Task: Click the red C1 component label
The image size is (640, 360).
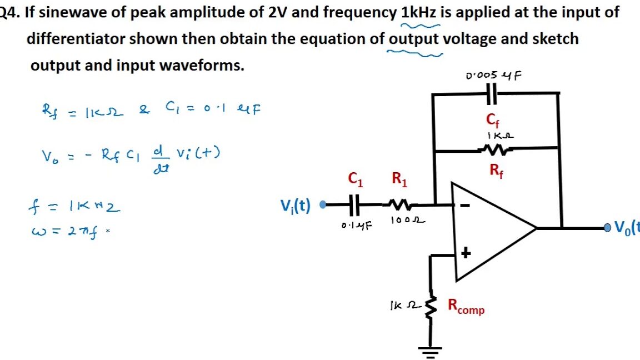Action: pyautogui.click(x=356, y=179)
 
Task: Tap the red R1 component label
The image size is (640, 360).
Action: pyautogui.click(x=399, y=179)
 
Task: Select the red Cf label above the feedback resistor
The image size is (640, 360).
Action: pyautogui.click(x=493, y=119)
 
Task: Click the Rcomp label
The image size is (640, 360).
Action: pyautogui.click(x=466, y=307)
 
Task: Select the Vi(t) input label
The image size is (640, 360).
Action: pyautogui.click(x=296, y=207)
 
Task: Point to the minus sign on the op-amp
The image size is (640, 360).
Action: pyautogui.click(x=466, y=206)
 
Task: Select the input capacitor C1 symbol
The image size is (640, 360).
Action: pyautogui.click(x=356, y=207)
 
